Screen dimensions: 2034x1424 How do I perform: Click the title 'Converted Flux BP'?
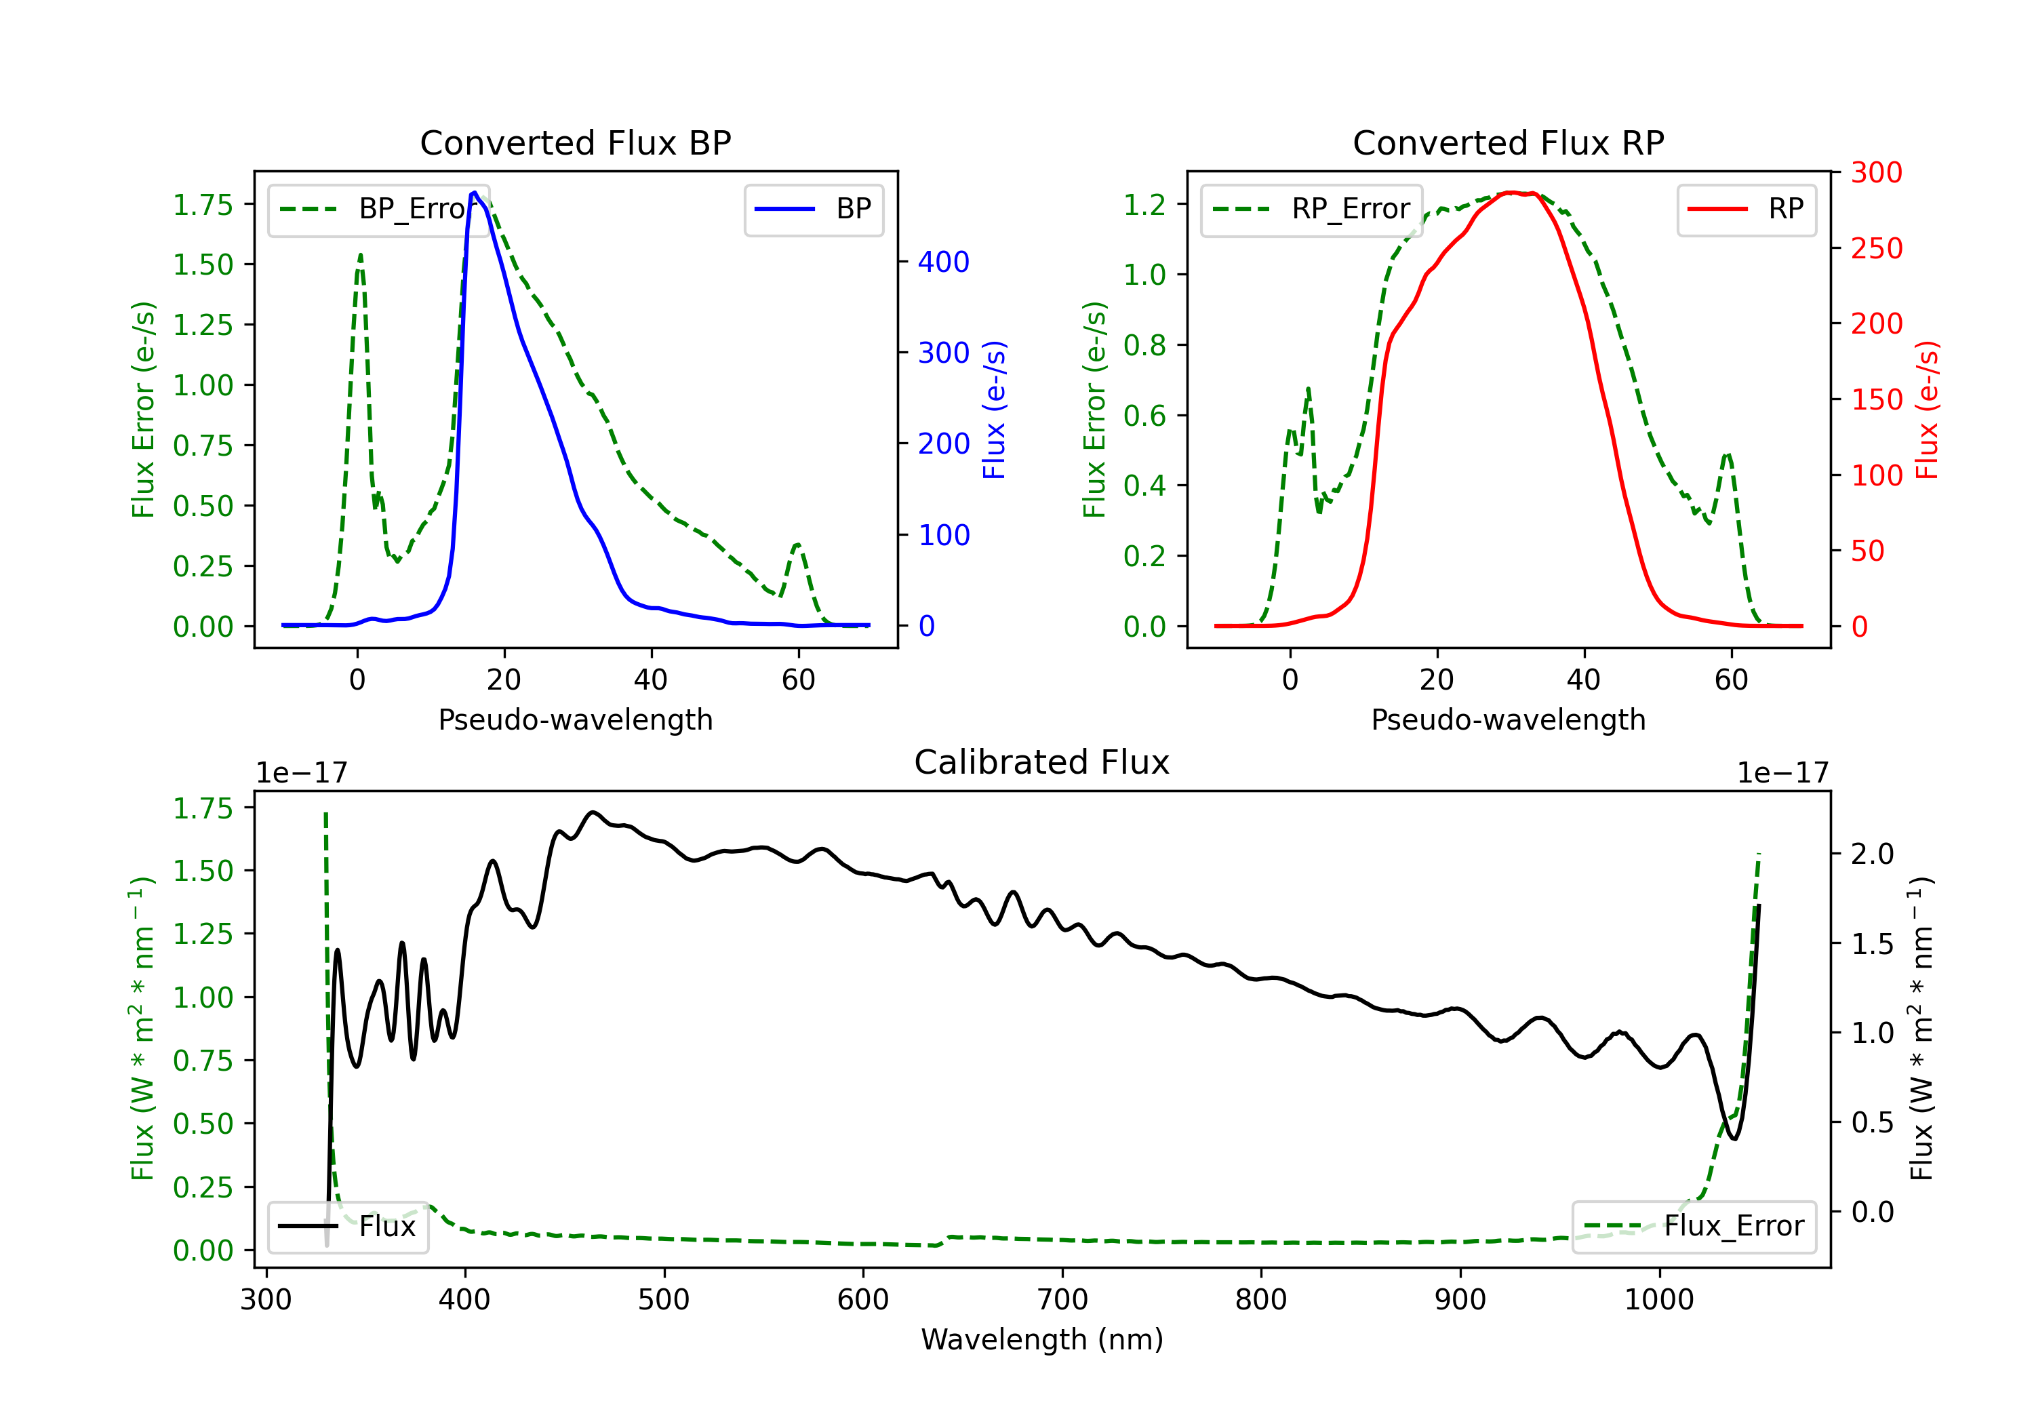pos(576,142)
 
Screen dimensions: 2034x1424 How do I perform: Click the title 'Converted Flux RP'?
pos(1509,142)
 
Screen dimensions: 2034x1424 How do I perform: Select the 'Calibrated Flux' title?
pos(1042,762)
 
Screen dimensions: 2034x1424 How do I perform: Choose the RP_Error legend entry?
pos(1311,209)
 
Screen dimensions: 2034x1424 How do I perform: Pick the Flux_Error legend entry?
pos(1694,1227)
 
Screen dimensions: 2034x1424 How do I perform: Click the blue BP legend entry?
pos(813,209)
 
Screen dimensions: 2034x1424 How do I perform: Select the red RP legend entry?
pos(1746,209)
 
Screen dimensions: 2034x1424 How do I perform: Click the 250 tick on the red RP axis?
pos(1876,248)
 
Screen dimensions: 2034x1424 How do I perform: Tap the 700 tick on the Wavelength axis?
pos(1062,1300)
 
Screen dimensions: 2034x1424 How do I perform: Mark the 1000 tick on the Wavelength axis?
pos(1659,1300)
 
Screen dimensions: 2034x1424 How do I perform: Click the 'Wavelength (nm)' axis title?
pos(1042,1340)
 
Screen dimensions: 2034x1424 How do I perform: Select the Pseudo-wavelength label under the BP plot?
pos(576,719)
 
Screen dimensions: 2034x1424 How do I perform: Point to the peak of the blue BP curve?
pos(475,193)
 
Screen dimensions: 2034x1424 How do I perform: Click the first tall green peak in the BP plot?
pos(359,255)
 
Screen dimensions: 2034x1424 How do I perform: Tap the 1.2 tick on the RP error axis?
pos(1144,205)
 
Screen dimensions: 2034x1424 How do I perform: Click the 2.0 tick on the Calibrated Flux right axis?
pos(1873,854)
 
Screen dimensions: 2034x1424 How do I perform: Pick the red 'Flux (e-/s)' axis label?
pos(1928,410)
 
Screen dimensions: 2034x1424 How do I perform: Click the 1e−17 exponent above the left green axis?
pos(302,773)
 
